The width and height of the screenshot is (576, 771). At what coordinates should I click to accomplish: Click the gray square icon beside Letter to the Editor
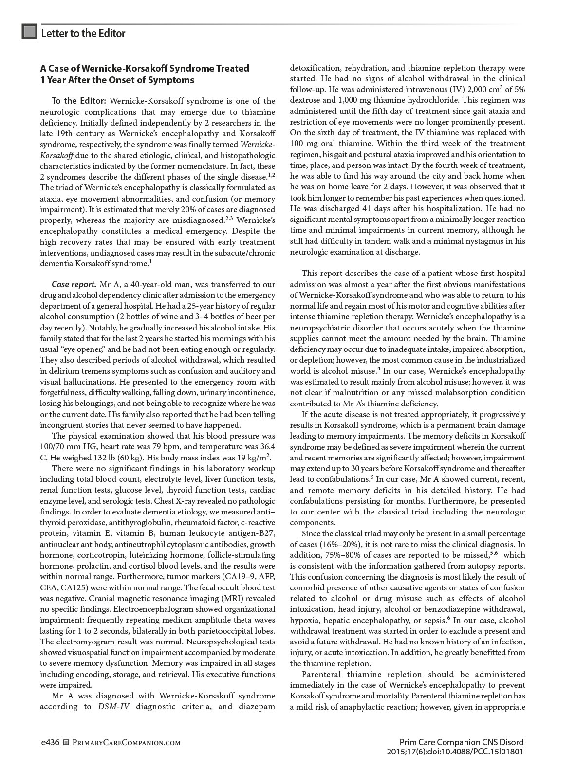click(30, 33)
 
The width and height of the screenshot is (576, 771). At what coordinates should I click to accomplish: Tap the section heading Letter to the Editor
click(83, 33)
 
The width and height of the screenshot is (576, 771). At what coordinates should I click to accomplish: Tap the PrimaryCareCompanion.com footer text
click(123, 743)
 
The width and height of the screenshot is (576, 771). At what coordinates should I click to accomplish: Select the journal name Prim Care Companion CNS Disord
click(461, 742)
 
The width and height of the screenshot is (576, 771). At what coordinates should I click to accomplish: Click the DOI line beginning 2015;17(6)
click(455, 752)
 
